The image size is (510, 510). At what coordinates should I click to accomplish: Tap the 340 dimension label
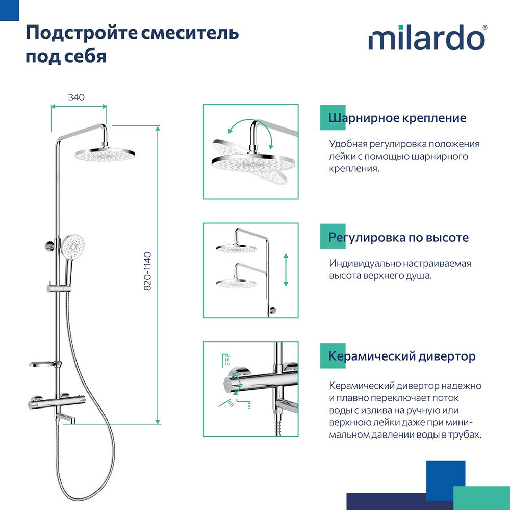point(76,97)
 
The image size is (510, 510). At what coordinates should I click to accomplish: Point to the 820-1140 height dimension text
point(148,271)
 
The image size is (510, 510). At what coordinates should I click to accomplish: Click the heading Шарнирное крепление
point(397,118)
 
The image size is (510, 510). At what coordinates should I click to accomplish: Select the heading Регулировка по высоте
point(398,237)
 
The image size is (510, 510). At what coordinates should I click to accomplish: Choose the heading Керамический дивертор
point(402,356)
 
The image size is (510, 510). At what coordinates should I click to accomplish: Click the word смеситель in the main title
point(188,33)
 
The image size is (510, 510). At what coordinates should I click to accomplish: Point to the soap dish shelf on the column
point(43,365)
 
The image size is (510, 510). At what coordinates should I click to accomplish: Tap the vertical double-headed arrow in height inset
point(286,270)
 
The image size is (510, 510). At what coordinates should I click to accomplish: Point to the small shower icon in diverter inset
point(225,360)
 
